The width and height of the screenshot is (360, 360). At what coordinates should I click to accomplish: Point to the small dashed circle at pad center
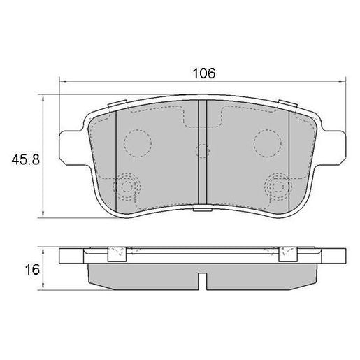click(202, 150)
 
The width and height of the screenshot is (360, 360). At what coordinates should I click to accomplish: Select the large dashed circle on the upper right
click(267, 143)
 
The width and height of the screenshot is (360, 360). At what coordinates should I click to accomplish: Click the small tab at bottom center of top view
click(201, 208)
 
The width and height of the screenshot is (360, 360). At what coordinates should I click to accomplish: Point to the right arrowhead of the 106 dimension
click(342, 81)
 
